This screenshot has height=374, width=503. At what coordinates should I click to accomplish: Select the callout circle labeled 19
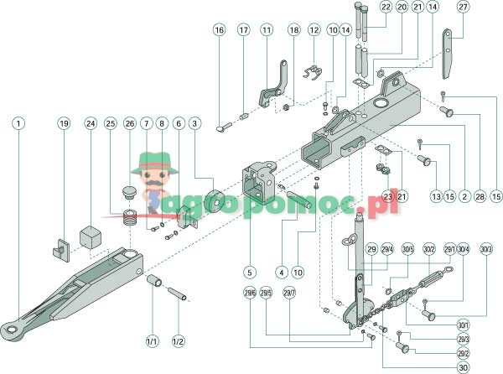click(x=63, y=123)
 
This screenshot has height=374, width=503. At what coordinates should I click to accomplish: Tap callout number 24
click(x=90, y=123)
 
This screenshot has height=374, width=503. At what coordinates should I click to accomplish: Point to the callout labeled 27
click(x=462, y=7)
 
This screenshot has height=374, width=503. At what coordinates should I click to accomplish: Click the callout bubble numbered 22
click(x=386, y=7)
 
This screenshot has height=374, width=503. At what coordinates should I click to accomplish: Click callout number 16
click(x=219, y=30)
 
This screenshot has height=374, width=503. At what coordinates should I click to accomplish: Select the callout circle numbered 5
click(x=250, y=272)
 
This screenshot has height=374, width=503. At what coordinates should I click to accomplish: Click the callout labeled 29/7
click(x=290, y=292)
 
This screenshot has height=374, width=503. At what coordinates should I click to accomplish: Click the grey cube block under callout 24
click(x=91, y=236)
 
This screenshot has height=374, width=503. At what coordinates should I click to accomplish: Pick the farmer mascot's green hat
click(x=154, y=160)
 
